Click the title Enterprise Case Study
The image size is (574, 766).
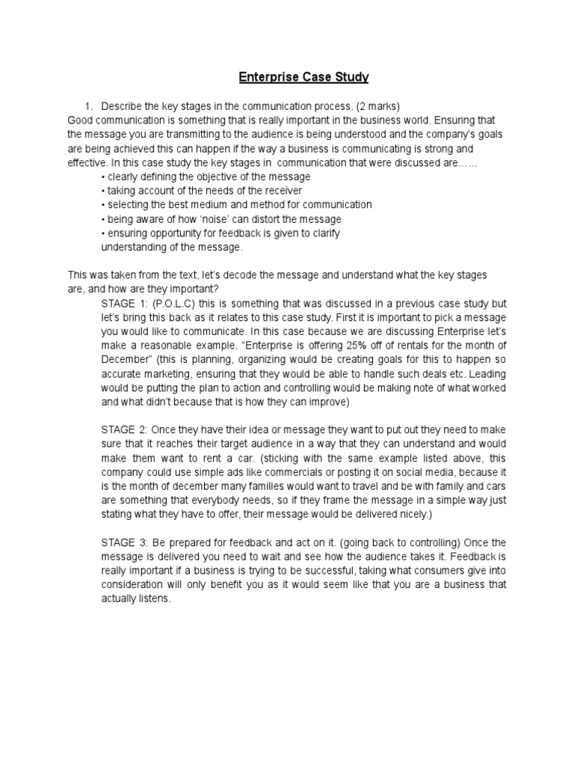(x=303, y=77)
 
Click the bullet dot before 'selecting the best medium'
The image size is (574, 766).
(x=102, y=204)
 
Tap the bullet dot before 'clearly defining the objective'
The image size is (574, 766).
(x=102, y=177)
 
